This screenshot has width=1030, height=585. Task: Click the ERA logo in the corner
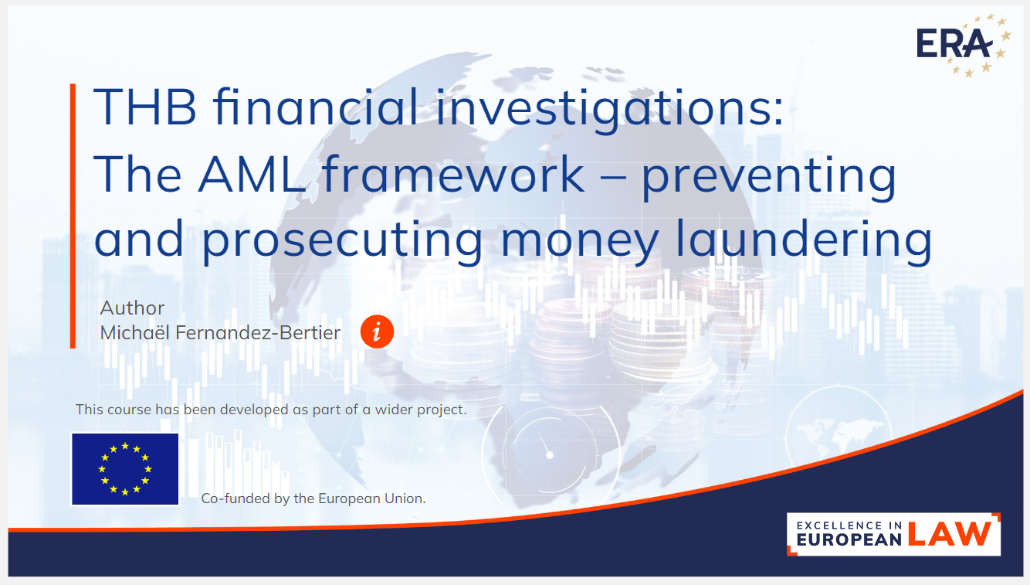pyautogui.click(x=964, y=45)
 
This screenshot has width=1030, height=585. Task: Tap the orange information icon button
pyautogui.click(x=377, y=332)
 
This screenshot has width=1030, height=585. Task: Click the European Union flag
pyautogui.click(x=125, y=469)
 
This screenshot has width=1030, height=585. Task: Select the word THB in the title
pyautogui.click(x=145, y=107)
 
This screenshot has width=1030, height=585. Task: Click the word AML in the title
pyautogui.click(x=252, y=174)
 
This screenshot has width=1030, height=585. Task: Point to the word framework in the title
pyautogui.click(x=453, y=174)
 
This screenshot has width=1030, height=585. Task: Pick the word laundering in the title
pyautogui.click(x=804, y=240)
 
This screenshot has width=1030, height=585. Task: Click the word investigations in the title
pyautogui.click(x=609, y=110)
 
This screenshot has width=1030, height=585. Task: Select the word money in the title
pyautogui.click(x=579, y=243)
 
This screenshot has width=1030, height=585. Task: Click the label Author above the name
pyautogui.click(x=132, y=308)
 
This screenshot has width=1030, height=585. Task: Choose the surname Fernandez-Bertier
pyautogui.click(x=258, y=333)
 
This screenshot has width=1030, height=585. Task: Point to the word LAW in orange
pyautogui.click(x=950, y=534)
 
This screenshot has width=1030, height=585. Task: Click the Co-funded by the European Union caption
pyautogui.click(x=313, y=498)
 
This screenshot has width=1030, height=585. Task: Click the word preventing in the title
pyautogui.click(x=769, y=176)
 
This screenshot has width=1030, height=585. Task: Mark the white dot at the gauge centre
pyautogui.click(x=550, y=455)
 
